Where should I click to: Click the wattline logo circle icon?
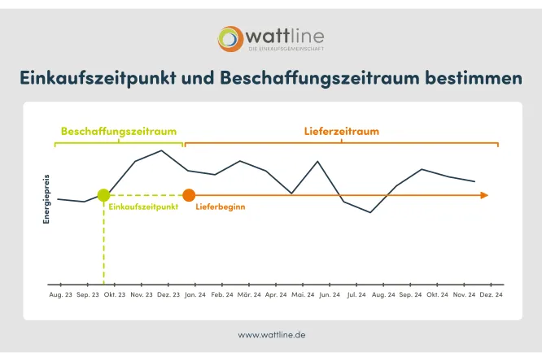[230, 38]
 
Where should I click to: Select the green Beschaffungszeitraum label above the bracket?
[118, 131]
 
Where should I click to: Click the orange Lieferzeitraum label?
[341, 131]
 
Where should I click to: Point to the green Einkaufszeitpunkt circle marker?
[103, 195]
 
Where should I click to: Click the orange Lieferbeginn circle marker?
[189, 195]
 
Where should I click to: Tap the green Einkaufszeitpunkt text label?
[142, 207]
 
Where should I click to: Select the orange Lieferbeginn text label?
[221, 207]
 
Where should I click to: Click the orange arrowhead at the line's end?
[484, 195]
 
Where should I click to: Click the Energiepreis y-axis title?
[46, 197]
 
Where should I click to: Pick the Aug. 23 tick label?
[60, 294]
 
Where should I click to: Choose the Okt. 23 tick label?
[115, 294]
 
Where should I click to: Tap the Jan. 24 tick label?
[196, 294]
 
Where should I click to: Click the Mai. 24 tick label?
[303, 294]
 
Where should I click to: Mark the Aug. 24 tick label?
[383, 294]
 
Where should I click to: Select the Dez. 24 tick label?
[491, 294]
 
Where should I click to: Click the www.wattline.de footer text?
[272, 334]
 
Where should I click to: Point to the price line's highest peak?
[162, 150]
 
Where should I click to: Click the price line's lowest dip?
[370, 212]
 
